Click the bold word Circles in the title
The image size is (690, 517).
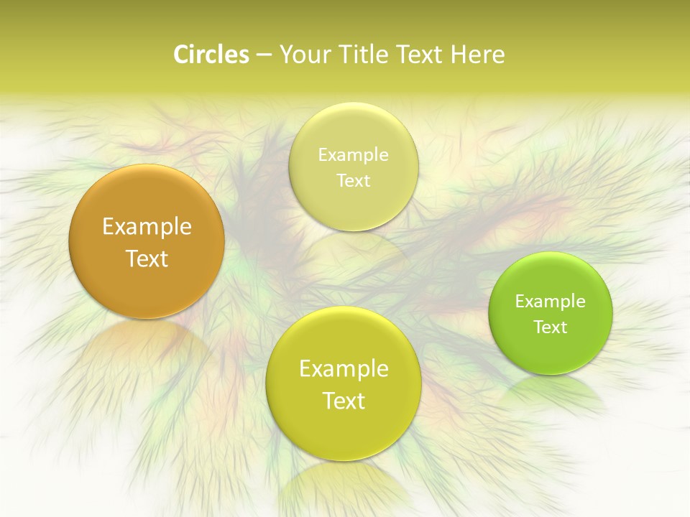click(x=211, y=55)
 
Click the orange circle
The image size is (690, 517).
click(x=147, y=241)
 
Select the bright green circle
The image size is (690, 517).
click(x=551, y=313)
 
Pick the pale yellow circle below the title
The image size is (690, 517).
click(x=353, y=167)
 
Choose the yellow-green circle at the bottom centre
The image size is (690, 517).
click(x=344, y=383)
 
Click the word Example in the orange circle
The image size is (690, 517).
click(x=147, y=226)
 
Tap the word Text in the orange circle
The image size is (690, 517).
click(x=147, y=258)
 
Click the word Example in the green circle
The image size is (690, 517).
click(x=551, y=301)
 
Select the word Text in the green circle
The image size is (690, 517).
click(x=551, y=327)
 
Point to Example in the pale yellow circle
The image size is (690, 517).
click(x=353, y=154)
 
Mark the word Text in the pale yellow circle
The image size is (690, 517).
click(x=353, y=180)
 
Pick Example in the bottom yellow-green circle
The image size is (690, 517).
click(x=344, y=368)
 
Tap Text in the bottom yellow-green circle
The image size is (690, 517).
click(x=344, y=401)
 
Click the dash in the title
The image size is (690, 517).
click(x=263, y=55)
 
